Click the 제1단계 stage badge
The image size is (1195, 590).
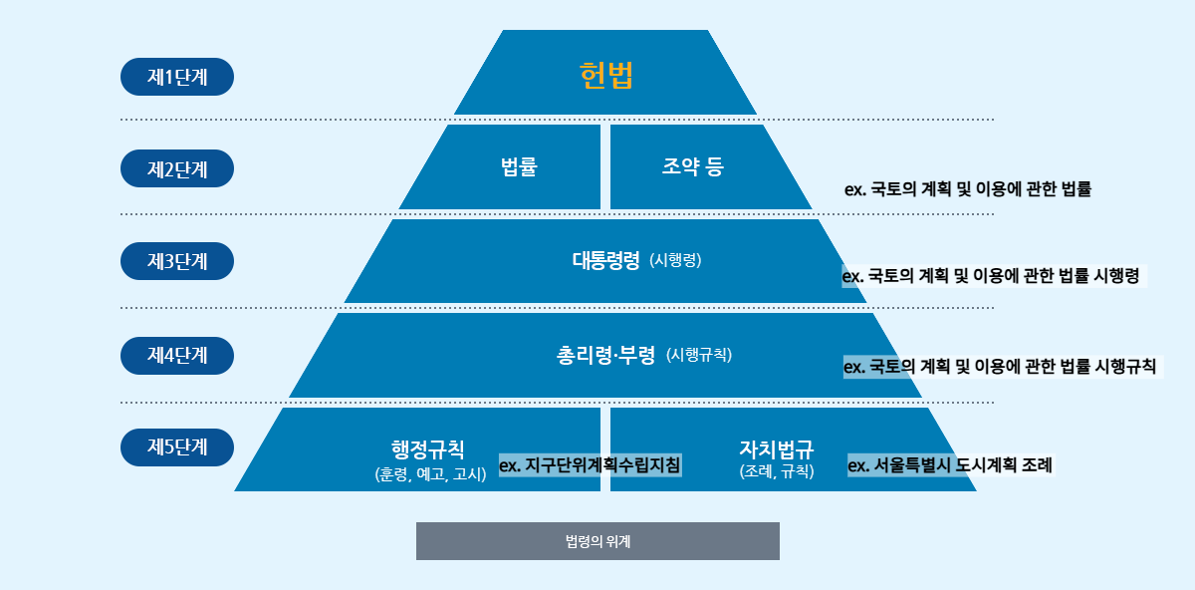(x=177, y=77)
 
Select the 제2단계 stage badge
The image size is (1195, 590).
(x=177, y=168)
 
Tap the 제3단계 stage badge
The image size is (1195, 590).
(x=177, y=261)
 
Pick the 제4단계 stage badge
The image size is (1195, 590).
(x=177, y=355)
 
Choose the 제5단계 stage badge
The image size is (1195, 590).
(x=177, y=447)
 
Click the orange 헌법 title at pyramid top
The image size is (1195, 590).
(x=605, y=76)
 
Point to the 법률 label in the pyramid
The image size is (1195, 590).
(x=519, y=167)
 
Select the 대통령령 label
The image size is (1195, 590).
(x=605, y=261)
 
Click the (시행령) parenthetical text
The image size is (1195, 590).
(x=675, y=261)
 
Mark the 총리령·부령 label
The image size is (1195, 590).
(x=605, y=355)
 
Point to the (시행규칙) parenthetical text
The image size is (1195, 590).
(x=699, y=355)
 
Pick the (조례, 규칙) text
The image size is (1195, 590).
(x=777, y=472)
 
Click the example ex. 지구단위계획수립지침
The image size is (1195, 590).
(x=590, y=464)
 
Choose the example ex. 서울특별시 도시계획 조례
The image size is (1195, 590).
(x=949, y=464)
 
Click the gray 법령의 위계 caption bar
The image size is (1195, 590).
(x=597, y=541)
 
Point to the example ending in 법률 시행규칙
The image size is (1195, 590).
(x=1000, y=367)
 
